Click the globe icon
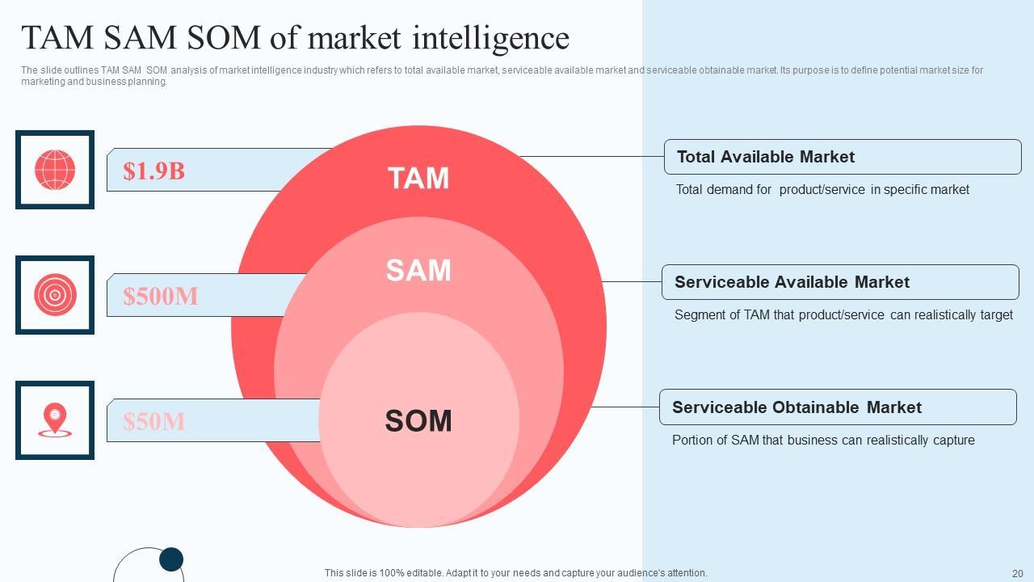[55, 170]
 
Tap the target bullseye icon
[55, 295]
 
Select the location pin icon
[55, 420]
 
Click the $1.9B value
[153, 171]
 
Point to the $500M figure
[161, 296]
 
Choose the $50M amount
[154, 421]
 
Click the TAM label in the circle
[418, 179]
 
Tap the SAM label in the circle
[418, 271]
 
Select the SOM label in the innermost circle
[418, 421]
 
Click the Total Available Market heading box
[843, 157]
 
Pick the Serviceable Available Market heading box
[840, 282]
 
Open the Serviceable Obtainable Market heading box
[838, 407]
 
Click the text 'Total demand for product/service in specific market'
[822, 190]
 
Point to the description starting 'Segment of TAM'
[843, 315]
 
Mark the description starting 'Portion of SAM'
[823, 441]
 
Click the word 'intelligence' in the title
[491, 38]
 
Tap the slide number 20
[1017, 573]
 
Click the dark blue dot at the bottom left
[171, 559]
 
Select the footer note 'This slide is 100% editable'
[515, 573]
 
